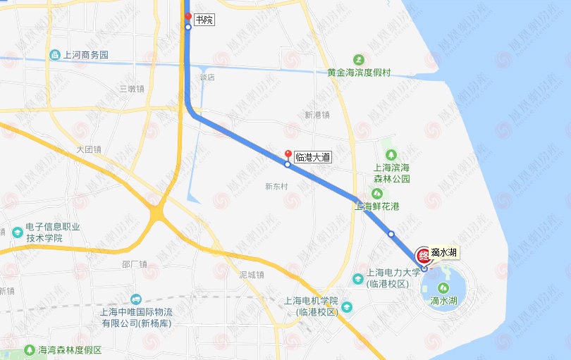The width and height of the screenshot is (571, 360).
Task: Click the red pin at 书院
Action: [188, 15]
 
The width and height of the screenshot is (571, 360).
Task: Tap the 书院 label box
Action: [203, 21]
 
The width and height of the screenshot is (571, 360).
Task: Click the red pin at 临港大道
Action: [288, 154]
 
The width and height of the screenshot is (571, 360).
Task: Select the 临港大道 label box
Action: [312, 157]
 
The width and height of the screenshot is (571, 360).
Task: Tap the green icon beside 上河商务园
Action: [54, 54]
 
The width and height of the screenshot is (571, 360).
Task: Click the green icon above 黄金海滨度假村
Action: [359, 60]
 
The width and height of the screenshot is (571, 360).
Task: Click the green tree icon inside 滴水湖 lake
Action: [443, 287]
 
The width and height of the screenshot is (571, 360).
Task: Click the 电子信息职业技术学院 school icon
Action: [16, 232]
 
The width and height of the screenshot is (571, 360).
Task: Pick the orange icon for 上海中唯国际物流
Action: [135, 299]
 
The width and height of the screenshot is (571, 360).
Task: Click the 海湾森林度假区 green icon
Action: [30, 350]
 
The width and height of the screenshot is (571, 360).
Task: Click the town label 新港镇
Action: [317, 115]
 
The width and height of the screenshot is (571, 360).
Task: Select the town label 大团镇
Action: [89, 149]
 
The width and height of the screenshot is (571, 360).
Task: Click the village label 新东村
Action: [276, 187]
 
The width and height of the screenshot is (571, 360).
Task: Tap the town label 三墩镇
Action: [131, 89]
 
